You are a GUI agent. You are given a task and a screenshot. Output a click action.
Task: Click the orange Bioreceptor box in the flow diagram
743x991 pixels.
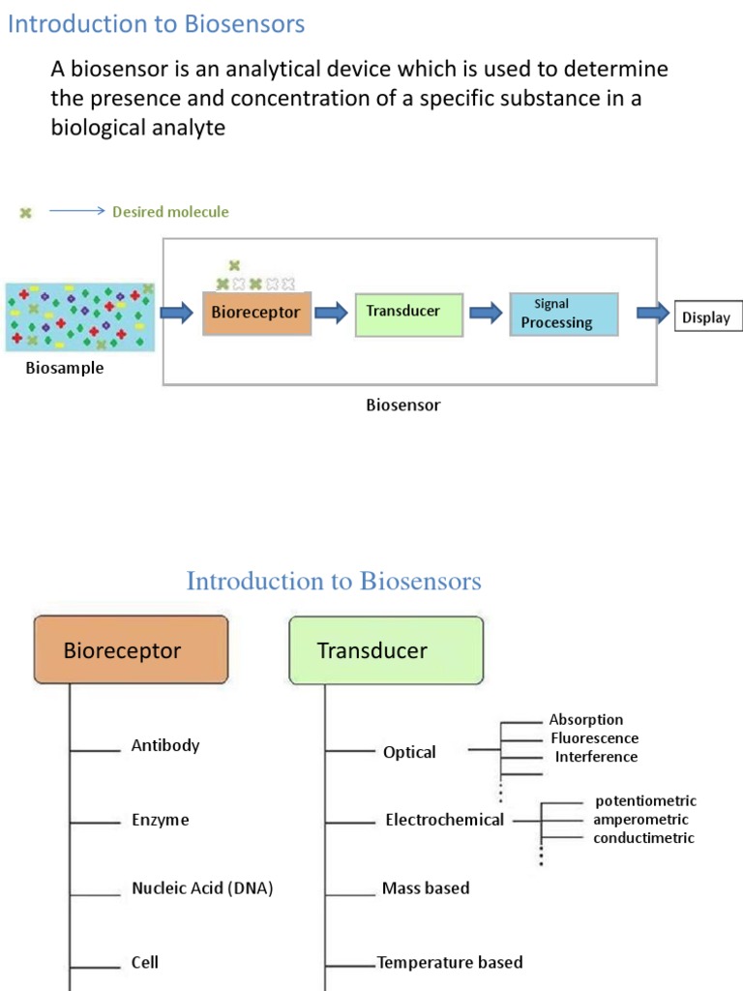[256, 314]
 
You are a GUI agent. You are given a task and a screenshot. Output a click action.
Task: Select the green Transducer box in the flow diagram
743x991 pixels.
[409, 314]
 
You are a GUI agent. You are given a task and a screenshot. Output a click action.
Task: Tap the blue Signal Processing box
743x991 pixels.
[564, 315]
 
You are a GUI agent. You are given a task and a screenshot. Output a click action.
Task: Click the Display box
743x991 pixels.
[707, 317]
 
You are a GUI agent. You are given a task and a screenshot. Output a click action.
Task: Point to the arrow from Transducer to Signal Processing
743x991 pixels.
[486, 313]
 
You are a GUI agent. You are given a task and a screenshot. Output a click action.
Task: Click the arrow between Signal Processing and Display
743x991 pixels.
[652, 313]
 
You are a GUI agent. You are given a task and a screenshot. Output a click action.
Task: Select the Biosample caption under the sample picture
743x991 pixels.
[65, 369]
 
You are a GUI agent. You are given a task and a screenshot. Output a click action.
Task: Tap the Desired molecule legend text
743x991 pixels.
[170, 212]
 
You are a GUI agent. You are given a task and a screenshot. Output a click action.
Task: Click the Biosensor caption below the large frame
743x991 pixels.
[402, 405]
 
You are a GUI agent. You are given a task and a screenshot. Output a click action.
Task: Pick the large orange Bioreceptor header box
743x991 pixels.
[132, 650]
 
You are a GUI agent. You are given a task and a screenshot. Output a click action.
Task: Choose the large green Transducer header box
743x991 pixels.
[386, 650]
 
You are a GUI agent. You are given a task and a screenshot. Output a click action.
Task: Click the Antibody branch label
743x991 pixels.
[165, 745]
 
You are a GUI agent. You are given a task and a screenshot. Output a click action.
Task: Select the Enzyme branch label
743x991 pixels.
[161, 820]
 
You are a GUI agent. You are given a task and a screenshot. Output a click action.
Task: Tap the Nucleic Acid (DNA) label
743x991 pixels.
[202, 888]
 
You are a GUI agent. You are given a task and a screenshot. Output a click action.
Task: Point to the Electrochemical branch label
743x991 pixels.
[444, 820]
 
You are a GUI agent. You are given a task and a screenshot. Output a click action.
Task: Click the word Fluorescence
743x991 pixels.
[594, 738]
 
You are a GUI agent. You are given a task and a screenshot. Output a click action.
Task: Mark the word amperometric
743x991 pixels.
[640, 820]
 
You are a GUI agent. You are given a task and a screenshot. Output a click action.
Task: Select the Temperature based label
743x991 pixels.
[450, 962]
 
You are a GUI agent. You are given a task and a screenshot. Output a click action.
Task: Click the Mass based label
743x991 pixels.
[426, 888]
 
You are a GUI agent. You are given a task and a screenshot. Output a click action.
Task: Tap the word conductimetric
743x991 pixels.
[643, 838]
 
